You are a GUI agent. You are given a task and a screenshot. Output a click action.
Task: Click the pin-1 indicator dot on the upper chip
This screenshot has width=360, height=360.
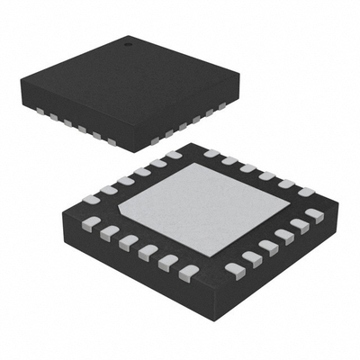click(x=127, y=41)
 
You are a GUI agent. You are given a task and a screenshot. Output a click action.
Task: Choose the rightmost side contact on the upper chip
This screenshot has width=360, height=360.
click(x=222, y=105)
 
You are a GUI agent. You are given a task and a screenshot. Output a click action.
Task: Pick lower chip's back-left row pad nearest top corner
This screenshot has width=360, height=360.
click(x=174, y=156)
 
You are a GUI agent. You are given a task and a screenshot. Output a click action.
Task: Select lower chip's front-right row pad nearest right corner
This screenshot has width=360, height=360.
click(x=313, y=215)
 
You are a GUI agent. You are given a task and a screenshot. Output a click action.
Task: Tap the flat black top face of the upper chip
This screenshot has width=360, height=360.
click(x=126, y=81)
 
